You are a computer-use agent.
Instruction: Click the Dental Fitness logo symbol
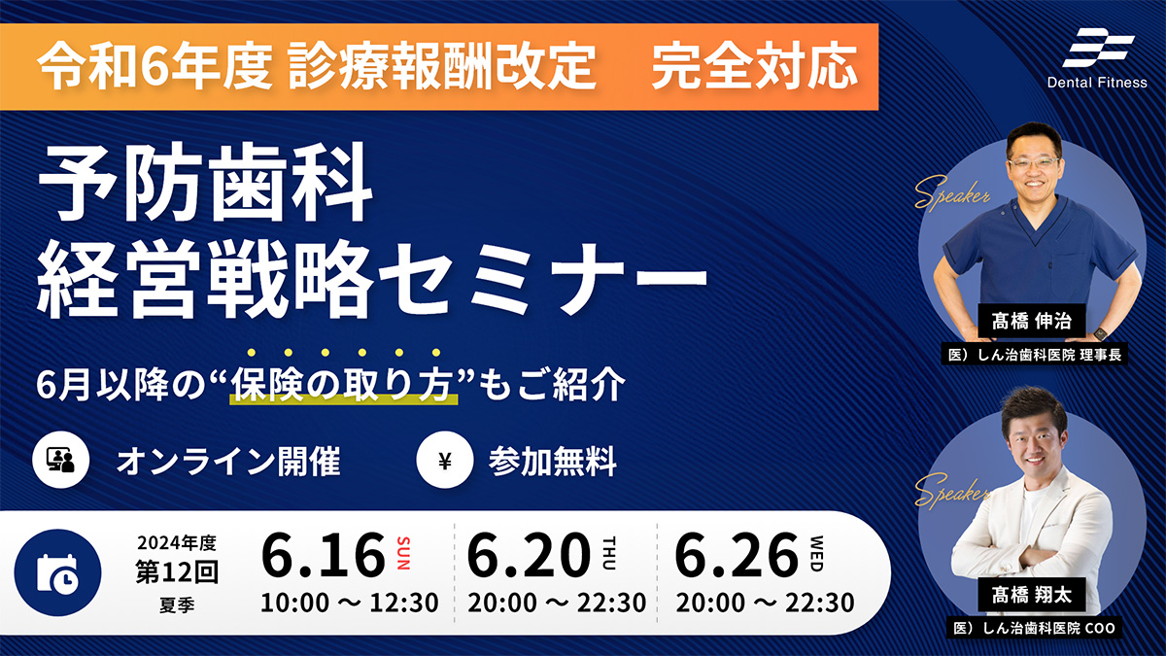tap(1098, 48)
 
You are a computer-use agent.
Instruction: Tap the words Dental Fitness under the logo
tap(1097, 83)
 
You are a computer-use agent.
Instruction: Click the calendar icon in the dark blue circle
tap(57, 573)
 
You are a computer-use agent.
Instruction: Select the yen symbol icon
tap(445, 461)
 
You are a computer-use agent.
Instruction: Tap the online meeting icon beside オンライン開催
tap(61, 460)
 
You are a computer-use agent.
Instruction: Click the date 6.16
tap(323, 555)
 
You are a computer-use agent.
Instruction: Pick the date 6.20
tap(529, 555)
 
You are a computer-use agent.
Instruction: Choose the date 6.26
tap(737, 555)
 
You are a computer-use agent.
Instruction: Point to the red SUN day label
tap(403, 553)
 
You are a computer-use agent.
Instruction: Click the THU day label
tap(609, 553)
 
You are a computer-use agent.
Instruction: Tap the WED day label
tap(817, 553)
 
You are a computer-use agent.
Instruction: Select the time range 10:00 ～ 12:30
tap(349, 603)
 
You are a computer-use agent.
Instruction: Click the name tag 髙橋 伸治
tap(1031, 321)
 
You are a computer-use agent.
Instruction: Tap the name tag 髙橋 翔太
tap(1031, 595)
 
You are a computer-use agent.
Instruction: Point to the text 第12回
tap(177, 571)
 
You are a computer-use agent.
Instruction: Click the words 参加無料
tap(552, 462)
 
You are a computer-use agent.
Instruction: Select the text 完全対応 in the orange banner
tap(755, 67)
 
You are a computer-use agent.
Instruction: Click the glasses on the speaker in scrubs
tap(1033, 163)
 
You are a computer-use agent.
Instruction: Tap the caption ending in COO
tap(1034, 629)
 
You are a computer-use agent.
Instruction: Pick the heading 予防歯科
tap(205, 183)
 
